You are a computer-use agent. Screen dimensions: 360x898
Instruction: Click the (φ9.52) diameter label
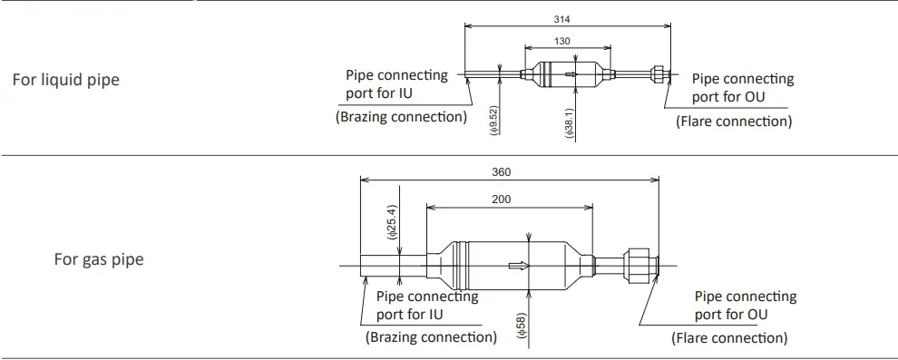(x=493, y=120)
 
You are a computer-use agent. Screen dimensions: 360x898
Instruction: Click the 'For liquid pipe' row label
(x=65, y=80)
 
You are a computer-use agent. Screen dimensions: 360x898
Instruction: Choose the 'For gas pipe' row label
(x=98, y=260)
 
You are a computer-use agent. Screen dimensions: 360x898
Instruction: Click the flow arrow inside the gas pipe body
(x=519, y=266)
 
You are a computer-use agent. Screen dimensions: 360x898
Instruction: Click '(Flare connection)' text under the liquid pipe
(x=734, y=122)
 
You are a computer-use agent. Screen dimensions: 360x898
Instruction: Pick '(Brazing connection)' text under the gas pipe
(x=431, y=337)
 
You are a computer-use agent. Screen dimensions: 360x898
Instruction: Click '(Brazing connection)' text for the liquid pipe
(x=401, y=117)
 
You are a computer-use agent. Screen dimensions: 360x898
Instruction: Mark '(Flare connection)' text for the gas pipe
(x=729, y=338)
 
